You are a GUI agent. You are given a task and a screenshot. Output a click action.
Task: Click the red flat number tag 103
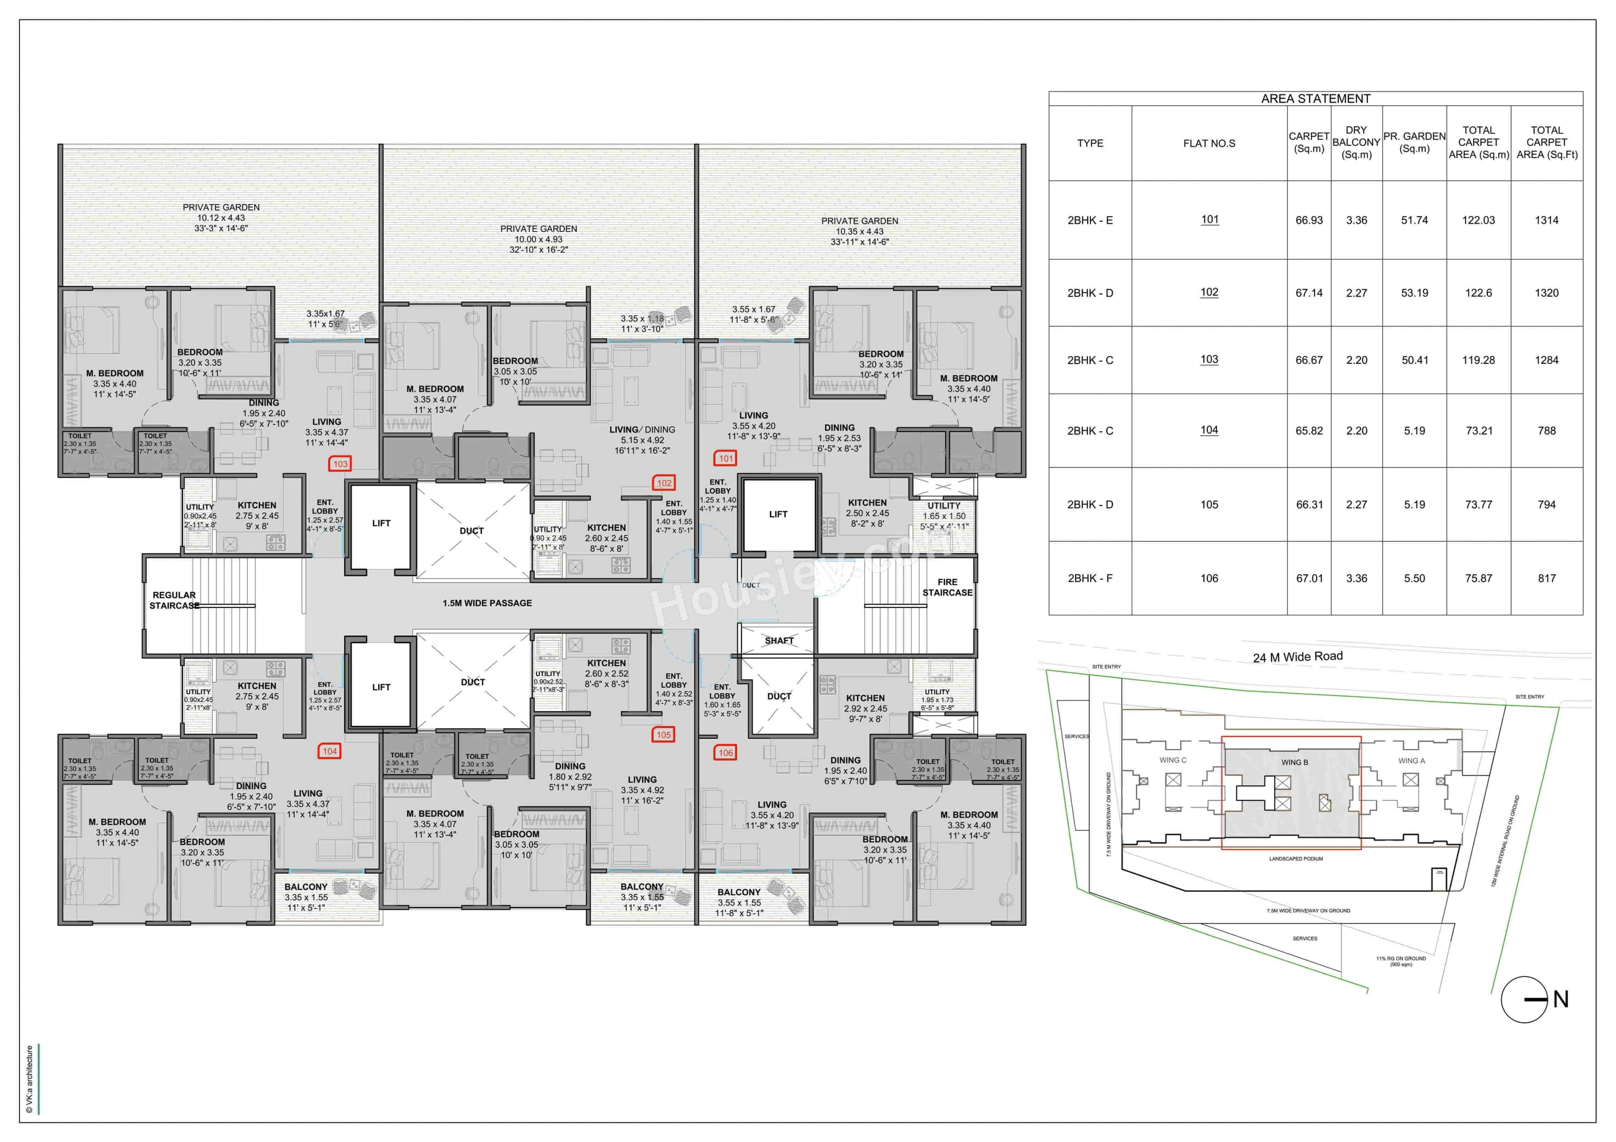pyautogui.click(x=340, y=464)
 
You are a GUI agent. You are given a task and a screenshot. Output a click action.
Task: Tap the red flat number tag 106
pyautogui.click(x=725, y=752)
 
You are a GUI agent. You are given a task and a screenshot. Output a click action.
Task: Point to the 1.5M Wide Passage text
pyautogui.click(x=487, y=603)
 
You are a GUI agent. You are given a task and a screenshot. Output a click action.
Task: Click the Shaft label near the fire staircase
pyautogui.click(x=779, y=640)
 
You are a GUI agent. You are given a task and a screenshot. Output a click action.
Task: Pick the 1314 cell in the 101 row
pyautogui.click(x=1546, y=220)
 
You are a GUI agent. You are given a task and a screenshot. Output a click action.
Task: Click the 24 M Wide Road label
pyautogui.click(x=1297, y=657)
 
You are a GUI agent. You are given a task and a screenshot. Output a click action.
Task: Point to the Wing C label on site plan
pyautogui.click(x=1172, y=760)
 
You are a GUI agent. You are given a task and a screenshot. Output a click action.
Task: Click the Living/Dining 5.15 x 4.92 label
pyautogui.click(x=642, y=440)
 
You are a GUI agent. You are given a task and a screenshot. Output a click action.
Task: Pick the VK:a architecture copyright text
pyautogui.click(x=29, y=1078)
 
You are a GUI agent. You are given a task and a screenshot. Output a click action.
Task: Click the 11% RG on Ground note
pyautogui.click(x=1401, y=960)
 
